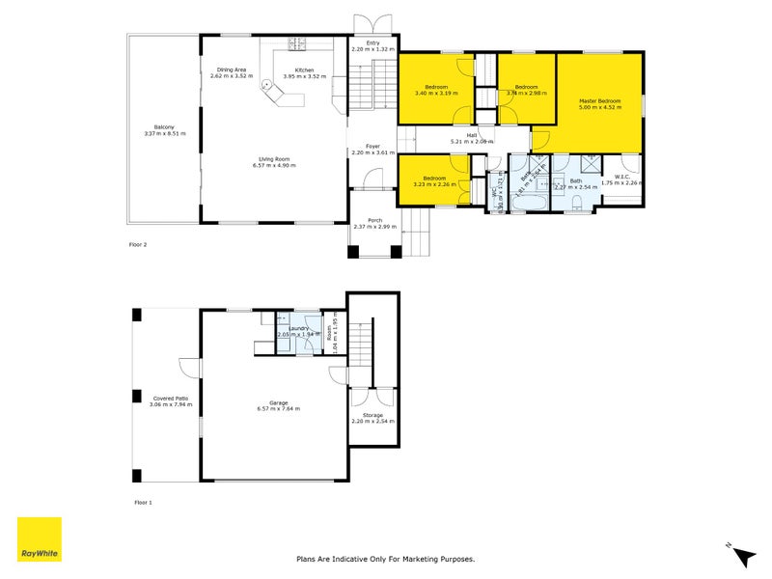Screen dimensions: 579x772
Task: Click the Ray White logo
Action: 40,539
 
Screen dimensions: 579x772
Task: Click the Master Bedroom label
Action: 599,101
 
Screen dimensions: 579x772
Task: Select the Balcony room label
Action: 163,127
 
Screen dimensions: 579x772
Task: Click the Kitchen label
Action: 304,69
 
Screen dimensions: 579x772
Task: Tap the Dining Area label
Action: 232,69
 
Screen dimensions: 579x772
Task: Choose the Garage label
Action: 278,402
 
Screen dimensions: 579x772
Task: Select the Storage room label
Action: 372,415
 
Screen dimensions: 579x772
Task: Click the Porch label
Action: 374,220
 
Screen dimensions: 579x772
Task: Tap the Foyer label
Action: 372,147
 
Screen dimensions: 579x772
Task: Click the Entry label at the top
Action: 372,42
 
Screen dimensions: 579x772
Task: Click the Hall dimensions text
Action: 472,142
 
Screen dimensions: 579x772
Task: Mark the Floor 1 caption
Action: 143,503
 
